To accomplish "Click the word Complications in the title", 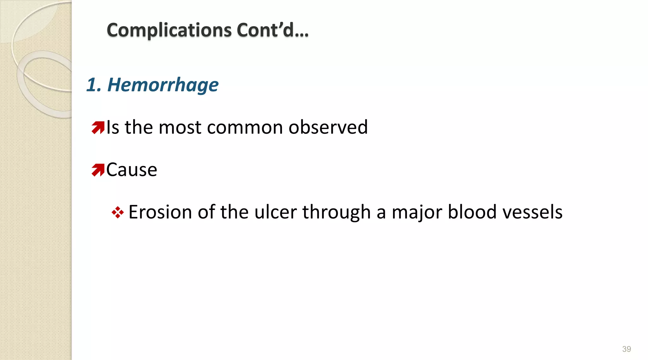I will (169, 30).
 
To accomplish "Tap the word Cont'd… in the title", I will (272, 30).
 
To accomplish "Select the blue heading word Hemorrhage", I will (163, 85).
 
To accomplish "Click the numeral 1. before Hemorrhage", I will (94, 85).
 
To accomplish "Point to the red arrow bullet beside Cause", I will (98, 170).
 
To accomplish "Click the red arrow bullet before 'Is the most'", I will (98, 127).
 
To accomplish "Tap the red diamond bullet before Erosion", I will (118, 212).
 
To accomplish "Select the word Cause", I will (132, 170).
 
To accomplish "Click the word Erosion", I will (160, 212).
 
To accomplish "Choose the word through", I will (336, 213).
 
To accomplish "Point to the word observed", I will (328, 127).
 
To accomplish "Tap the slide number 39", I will (626, 349).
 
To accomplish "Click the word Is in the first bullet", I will (113, 127).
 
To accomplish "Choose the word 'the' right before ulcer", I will (234, 212).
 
